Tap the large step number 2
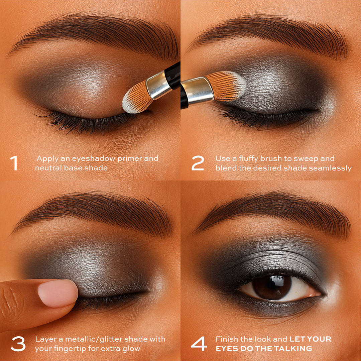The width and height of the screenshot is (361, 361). point(198,163)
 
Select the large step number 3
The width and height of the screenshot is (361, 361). point(18,344)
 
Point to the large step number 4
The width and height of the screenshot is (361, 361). point(199,344)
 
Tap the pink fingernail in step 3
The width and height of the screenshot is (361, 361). point(58,293)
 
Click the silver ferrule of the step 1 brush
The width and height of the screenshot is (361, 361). point(159,85)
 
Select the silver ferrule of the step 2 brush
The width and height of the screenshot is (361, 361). point(198,90)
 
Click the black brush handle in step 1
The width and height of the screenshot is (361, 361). point(173,75)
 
